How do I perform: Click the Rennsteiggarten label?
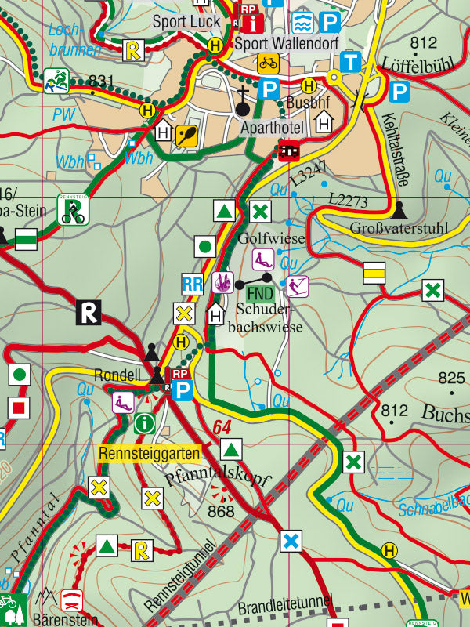pos(149,452)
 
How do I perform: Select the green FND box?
pos(260,294)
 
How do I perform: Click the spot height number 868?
pos(222,512)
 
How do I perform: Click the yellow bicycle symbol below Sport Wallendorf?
pos(268,63)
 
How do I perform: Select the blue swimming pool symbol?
pos(303,22)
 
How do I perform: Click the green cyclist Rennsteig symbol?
pos(73,210)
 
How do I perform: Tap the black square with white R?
pos(89,313)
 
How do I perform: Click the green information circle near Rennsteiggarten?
pos(144,424)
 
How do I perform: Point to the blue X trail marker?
pos(291,541)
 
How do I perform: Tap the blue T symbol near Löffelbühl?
pos(352,62)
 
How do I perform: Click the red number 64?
pos(222,427)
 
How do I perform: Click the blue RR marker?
pos(192,284)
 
